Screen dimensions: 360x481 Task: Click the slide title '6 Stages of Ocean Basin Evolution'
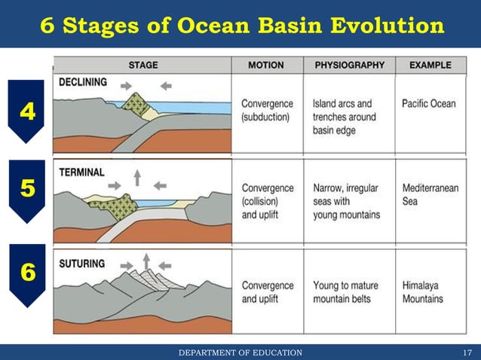(x=241, y=26)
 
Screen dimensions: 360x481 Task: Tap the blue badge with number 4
(x=28, y=112)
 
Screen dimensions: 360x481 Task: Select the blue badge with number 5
(x=28, y=189)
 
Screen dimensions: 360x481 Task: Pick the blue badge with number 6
(x=28, y=273)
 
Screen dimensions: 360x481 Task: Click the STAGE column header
(x=142, y=65)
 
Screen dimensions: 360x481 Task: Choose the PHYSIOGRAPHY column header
(x=348, y=65)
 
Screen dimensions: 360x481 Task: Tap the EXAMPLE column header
(x=430, y=65)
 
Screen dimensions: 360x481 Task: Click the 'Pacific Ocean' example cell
(x=428, y=103)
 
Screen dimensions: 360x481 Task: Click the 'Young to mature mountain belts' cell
(x=345, y=292)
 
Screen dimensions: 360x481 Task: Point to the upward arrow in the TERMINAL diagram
(x=137, y=178)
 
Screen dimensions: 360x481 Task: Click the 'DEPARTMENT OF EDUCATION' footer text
(x=240, y=352)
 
